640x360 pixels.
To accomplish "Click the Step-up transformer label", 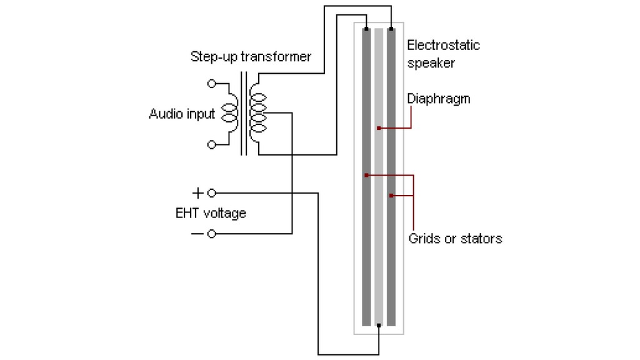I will point(251,57).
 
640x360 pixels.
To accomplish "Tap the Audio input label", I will point(182,114).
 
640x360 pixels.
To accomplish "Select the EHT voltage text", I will point(211,213).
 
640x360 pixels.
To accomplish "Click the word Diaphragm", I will point(438,99).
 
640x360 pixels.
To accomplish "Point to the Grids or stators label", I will point(455,238).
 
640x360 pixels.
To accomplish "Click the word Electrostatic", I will point(443,45).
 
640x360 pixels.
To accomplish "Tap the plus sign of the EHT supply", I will point(197,192).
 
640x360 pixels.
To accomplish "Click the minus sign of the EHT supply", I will point(197,234).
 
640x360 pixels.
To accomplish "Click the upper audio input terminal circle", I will point(211,83).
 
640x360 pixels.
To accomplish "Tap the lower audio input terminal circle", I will point(211,144).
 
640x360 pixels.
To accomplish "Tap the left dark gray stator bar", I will point(366,250).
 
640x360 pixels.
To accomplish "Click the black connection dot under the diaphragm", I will point(379,326).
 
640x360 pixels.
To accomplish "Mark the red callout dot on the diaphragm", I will point(379,128).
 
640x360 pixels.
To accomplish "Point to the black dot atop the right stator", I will point(391,29).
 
